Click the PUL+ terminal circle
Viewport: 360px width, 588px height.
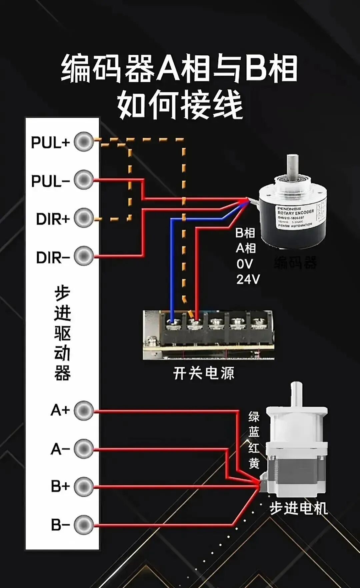coord(84,142)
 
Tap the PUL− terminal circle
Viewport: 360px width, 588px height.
coord(84,180)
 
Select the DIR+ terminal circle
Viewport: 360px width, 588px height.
coord(84,218)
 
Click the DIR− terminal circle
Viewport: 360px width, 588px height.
coord(84,256)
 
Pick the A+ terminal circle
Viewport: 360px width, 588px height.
coord(84,411)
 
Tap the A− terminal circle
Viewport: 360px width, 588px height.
coord(84,449)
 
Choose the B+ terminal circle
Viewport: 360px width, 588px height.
coord(84,487)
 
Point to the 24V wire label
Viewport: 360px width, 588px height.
coord(248,279)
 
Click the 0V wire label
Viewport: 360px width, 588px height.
coord(245,264)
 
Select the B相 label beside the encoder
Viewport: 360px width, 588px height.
coord(245,233)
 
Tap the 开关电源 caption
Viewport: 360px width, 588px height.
coord(204,373)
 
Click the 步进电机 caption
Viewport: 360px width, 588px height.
coord(298,508)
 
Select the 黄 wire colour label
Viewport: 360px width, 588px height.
coord(254,463)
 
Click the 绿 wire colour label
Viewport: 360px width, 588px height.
coord(254,417)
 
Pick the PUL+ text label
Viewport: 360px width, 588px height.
coord(50,143)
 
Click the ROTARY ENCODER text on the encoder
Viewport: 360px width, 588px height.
coord(296,212)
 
